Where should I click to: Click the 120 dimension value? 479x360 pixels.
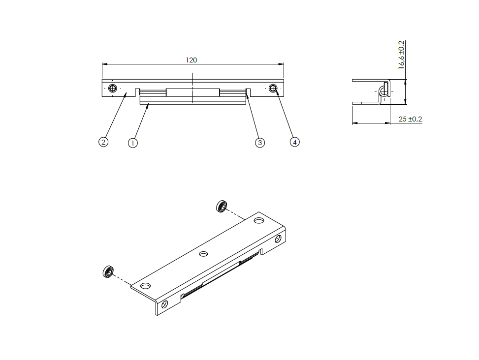(191, 60)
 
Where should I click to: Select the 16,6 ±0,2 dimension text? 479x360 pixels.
(401, 55)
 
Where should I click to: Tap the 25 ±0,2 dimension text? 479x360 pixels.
(410, 119)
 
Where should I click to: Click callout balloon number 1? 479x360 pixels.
(132, 143)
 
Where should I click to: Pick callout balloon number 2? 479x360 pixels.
(103, 142)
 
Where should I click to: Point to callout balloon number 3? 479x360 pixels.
(260, 143)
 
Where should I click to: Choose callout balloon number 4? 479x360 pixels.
(294, 142)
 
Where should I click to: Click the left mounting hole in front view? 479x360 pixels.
(113, 89)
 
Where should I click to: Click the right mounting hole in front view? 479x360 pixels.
(273, 89)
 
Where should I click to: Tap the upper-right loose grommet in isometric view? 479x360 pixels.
(222, 206)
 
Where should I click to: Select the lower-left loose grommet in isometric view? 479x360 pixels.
(108, 271)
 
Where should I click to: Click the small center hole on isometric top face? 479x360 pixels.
(203, 254)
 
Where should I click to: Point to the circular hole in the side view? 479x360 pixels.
(383, 91)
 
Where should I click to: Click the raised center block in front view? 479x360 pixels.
(192, 92)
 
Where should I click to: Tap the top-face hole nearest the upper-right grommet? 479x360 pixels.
(258, 220)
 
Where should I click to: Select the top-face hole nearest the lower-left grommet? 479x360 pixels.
(145, 286)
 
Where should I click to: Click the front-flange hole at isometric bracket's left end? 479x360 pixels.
(164, 304)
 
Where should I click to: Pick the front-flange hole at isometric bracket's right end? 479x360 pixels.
(278, 239)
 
